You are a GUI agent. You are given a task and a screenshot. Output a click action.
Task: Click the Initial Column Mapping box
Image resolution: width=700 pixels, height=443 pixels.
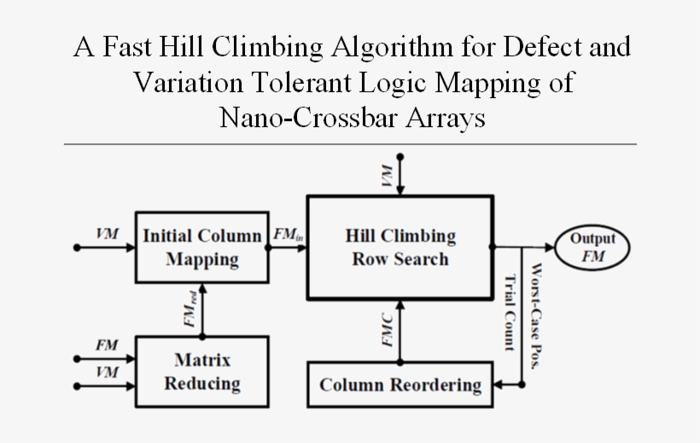201,247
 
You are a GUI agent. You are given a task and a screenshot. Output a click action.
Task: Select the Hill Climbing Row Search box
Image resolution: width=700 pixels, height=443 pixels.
400,247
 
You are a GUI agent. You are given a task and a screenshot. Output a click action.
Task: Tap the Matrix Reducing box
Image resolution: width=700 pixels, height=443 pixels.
201,371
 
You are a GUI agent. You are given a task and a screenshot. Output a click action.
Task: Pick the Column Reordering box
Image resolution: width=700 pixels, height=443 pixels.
400,385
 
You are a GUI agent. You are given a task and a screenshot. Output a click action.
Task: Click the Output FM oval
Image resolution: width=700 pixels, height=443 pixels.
592,248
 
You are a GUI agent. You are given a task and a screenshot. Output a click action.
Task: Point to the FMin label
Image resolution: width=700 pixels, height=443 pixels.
286,233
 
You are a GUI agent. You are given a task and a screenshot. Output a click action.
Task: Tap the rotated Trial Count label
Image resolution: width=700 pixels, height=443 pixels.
510,312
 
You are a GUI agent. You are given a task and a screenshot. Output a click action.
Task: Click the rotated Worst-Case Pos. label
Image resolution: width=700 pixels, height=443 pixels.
537,316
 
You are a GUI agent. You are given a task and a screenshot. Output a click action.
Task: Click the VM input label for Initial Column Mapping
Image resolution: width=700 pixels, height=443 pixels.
107,233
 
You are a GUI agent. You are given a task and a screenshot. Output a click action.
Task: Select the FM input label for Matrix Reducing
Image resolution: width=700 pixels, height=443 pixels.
106,345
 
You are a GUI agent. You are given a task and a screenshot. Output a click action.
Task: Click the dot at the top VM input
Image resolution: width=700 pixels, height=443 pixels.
400,157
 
